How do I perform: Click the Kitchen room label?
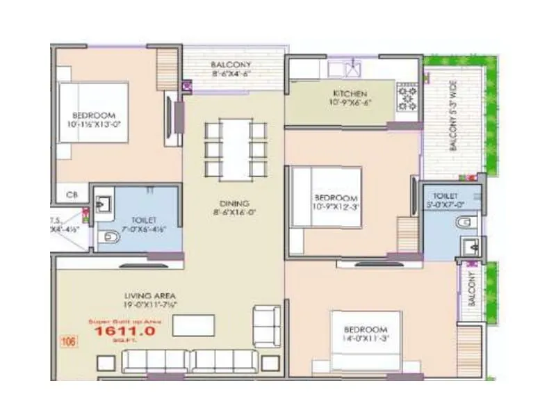pyautogui.click(x=350, y=94)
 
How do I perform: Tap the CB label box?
pyautogui.click(x=72, y=195)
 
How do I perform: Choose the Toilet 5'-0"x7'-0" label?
pyautogui.click(x=445, y=200)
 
